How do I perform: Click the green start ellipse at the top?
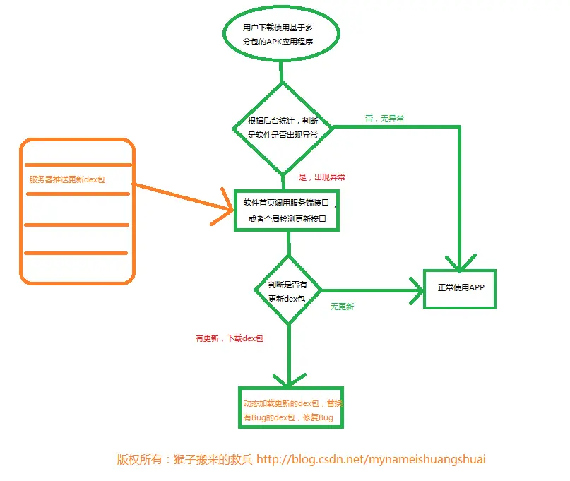281,34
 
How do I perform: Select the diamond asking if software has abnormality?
283,127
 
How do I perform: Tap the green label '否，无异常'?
385,119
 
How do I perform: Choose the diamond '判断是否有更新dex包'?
287,291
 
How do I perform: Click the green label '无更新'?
343,307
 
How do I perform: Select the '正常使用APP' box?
460,288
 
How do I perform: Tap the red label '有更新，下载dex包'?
229,338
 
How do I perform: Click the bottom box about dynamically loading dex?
290,408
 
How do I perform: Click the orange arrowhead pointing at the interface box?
226,210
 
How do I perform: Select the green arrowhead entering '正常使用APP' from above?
460,263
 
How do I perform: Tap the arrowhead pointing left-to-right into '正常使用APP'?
417,289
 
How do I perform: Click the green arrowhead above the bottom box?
288,380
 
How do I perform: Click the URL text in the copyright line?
371,459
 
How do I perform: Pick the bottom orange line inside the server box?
76,253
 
